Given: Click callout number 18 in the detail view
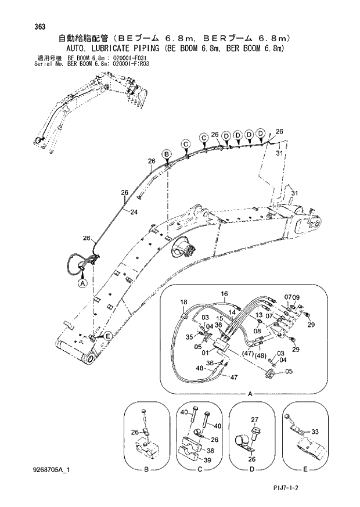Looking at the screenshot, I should [x=183, y=302].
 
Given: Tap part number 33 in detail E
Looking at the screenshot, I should [x=316, y=432].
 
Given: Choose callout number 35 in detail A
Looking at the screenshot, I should [x=189, y=336].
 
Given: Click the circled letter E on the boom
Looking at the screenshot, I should [x=107, y=336].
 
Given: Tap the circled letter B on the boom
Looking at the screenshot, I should [x=166, y=154].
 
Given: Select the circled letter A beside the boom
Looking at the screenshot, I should [x=82, y=283].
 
